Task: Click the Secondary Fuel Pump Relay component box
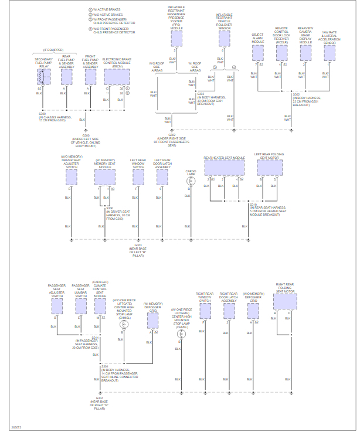[44, 77]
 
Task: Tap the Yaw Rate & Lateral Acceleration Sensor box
[330, 53]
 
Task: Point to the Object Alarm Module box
[259, 52]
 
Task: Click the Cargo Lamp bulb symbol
[191, 182]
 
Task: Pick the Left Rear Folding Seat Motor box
[270, 167]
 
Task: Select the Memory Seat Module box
[104, 179]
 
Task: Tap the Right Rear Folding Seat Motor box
[284, 301]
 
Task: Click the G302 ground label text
[172, 134]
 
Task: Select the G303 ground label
[138, 245]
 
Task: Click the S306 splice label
[110, 207]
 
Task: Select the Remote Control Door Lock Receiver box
[281, 53]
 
